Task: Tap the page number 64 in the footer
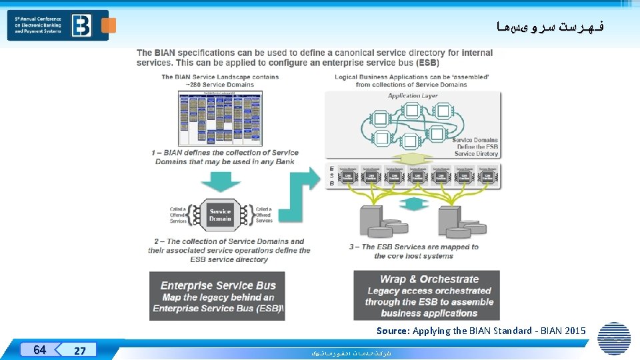39,349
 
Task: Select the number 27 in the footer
79,351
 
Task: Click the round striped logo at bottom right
613,338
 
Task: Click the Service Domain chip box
220,215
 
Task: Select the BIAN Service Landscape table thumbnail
220,118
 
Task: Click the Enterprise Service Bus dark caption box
217,296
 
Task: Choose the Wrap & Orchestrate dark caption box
427,295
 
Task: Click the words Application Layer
413,96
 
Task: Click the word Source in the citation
393,331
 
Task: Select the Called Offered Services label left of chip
178,215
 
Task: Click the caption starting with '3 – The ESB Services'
413,251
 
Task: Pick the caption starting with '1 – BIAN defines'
225,157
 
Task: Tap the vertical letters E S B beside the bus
332,175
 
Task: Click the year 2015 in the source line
574,331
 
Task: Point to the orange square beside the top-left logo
109,25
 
